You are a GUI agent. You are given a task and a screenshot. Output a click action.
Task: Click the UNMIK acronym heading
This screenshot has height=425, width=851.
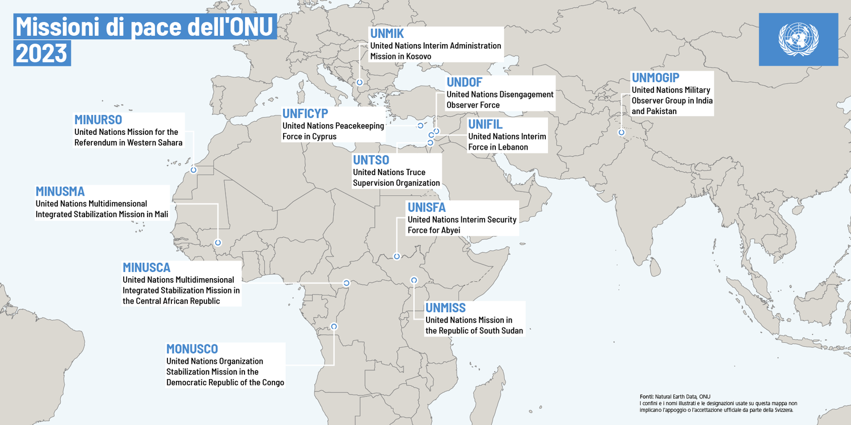(387, 33)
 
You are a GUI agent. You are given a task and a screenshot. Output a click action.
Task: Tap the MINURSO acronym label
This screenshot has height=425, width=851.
(98, 120)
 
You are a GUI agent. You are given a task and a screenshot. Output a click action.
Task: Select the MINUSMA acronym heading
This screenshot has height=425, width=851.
(60, 191)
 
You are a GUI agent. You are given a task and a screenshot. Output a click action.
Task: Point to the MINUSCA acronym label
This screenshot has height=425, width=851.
(146, 267)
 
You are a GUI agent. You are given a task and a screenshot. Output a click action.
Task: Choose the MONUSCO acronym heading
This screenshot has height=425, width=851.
(192, 348)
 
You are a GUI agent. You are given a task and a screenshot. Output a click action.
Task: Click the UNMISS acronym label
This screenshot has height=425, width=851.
(445, 308)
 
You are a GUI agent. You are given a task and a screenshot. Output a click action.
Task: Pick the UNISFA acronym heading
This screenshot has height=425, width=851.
(427, 207)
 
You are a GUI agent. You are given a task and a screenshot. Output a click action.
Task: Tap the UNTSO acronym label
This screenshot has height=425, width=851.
(371, 160)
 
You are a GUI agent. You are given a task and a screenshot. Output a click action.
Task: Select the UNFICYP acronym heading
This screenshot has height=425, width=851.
(305, 113)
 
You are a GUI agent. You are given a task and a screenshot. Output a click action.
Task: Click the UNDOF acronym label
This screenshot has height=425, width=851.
(464, 83)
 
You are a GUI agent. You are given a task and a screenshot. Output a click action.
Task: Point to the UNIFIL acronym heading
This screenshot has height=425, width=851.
(485, 125)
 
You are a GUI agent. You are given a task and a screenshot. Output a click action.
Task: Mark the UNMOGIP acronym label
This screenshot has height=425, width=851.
(655, 78)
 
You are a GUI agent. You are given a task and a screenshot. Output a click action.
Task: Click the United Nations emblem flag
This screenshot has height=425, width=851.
(798, 39)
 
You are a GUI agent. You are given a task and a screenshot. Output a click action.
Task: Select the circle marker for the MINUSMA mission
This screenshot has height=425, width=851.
(218, 243)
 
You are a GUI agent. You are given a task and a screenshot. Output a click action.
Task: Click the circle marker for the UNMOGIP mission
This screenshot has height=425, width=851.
(621, 132)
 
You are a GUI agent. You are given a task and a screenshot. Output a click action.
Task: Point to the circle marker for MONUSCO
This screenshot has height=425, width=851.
(334, 326)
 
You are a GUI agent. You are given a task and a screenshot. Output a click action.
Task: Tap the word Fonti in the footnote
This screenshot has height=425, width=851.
(646, 396)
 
